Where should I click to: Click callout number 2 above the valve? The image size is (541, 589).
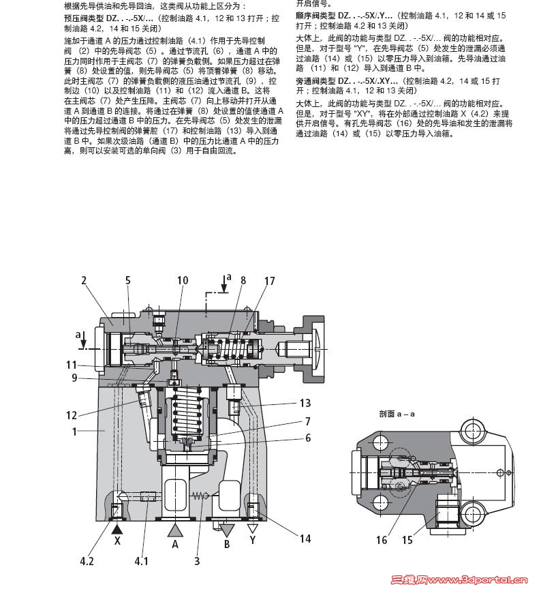pyautogui.click(x=84, y=280)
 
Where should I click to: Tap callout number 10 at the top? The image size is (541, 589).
pyautogui.click(x=183, y=280)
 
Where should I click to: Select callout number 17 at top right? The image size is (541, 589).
pyautogui.click(x=270, y=280)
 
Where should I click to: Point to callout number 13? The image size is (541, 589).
pyautogui.click(x=305, y=402)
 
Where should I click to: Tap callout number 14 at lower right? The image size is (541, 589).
pyautogui.click(x=305, y=539)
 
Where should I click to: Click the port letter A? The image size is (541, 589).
pyautogui.click(x=175, y=544)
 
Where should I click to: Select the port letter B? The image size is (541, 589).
pyautogui.click(x=228, y=545)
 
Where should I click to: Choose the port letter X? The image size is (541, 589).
pyautogui.click(x=117, y=544)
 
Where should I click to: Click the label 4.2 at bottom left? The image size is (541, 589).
pyautogui.click(x=87, y=561)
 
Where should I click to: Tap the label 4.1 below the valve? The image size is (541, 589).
pyautogui.click(x=141, y=561)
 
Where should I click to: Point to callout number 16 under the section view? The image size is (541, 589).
pyautogui.click(x=382, y=540)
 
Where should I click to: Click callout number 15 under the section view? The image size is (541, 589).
pyautogui.click(x=408, y=540)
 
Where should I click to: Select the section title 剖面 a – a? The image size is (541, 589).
pyautogui.click(x=397, y=414)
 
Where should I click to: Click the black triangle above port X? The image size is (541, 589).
pyautogui.click(x=117, y=528)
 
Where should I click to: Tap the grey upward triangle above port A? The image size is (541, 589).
pyautogui.click(x=175, y=528)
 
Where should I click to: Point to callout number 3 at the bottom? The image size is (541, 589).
pyautogui.click(x=197, y=561)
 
